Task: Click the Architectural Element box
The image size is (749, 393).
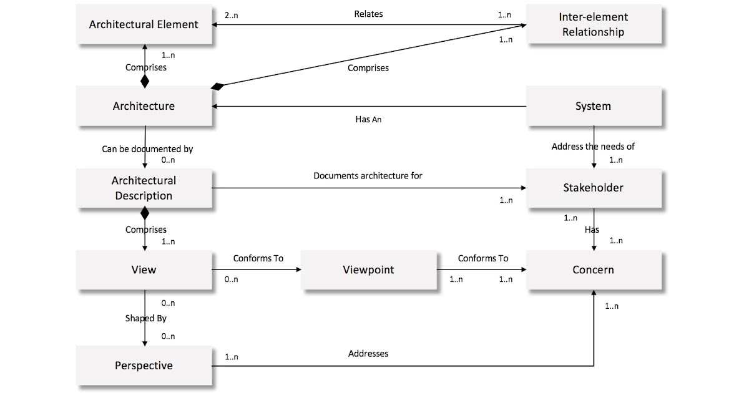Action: [x=144, y=24]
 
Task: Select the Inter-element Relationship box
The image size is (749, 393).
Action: [x=593, y=24]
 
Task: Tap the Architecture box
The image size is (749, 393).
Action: [x=144, y=106]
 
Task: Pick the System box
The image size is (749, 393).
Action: [x=593, y=106]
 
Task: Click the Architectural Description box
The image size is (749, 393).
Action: [x=144, y=188]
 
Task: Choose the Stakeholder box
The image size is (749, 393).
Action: [x=593, y=188]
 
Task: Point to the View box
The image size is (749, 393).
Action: [x=144, y=269]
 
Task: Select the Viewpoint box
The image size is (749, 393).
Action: [x=368, y=269]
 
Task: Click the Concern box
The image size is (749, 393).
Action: [x=593, y=269]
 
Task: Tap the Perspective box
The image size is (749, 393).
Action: [x=144, y=366]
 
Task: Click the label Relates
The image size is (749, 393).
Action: [x=368, y=14]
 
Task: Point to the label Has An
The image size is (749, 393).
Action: [x=368, y=119]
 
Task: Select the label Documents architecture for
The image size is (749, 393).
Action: [x=368, y=176]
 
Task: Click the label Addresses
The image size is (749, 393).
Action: [x=368, y=354]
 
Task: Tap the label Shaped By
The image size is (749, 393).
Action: [x=145, y=318]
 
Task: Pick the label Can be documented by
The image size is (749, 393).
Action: [x=147, y=149]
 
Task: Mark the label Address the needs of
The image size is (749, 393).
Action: [x=593, y=147]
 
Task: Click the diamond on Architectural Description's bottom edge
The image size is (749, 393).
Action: [x=145, y=214]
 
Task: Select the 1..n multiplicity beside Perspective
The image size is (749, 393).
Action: [x=231, y=357]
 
